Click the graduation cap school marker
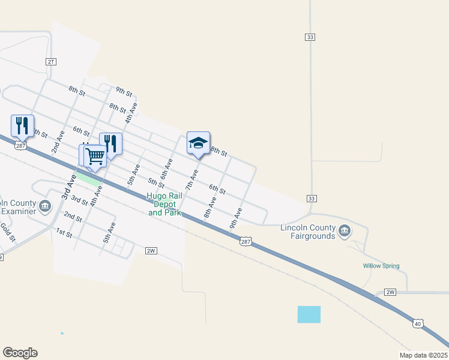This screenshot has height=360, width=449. pyautogui.click(x=198, y=143)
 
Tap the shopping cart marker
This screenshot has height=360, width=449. pyautogui.click(x=95, y=156)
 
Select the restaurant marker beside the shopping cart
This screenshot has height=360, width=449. pyautogui.click(x=110, y=144)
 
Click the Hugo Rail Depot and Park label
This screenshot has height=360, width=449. pyautogui.click(x=164, y=204)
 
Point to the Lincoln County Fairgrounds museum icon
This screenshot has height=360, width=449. pyautogui.click(x=345, y=231)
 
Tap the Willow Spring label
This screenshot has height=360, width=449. pyautogui.click(x=381, y=266)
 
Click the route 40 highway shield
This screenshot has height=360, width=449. pyautogui.click(x=418, y=324)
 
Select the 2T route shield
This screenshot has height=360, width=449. pyautogui.click(x=51, y=62)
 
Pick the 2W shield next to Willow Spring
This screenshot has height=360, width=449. pyautogui.click(x=390, y=292)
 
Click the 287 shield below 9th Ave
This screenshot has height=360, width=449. pyautogui.click(x=246, y=241)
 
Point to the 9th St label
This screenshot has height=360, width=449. pyautogui.click(x=124, y=91)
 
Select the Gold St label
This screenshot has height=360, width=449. pyautogui.click(x=7, y=230)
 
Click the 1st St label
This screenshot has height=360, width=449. pyautogui.click(x=64, y=232)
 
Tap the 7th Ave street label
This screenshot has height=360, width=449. pyautogui.click(x=191, y=179)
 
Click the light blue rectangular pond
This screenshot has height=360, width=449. pyautogui.click(x=309, y=314)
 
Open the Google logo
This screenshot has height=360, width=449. pyautogui.click(x=20, y=353)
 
